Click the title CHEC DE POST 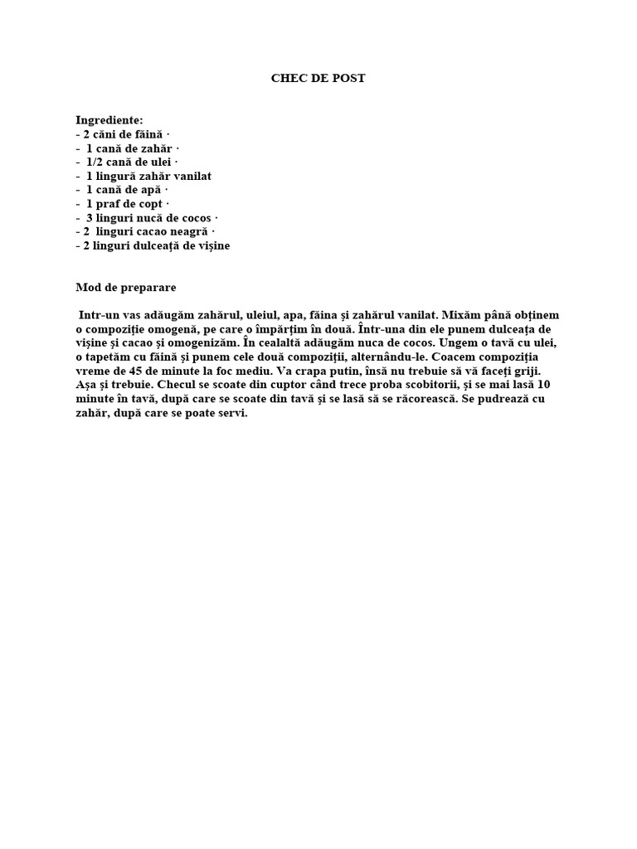[318, 78]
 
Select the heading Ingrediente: [109, 120]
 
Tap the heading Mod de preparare [126, 288]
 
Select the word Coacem [460, 357]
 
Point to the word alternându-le [376, 357]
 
